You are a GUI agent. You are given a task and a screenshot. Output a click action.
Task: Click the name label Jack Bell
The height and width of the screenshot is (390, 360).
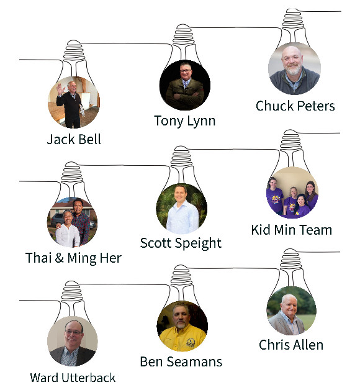tap(74, 139)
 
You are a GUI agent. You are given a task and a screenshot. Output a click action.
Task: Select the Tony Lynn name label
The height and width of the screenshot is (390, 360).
tap(185, 121)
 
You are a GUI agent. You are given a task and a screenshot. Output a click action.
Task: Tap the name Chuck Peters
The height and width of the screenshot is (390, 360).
tap(295, 106)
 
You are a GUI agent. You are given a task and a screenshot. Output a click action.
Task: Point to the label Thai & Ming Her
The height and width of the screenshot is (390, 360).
tap(74, 258)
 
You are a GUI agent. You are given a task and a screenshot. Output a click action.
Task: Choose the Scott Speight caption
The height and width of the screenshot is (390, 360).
tap(181, 243)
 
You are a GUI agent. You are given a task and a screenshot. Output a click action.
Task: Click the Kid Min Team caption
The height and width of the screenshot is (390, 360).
tap(292, 230)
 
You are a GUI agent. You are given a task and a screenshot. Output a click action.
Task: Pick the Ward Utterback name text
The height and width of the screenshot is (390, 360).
tap(73, 378)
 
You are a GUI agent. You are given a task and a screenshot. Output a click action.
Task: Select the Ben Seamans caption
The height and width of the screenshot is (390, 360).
tap(181, 361)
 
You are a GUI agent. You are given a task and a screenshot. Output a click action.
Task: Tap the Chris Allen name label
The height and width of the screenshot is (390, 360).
tap(291, 345)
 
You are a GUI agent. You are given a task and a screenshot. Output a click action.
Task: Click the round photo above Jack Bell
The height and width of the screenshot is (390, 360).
tap(74, 102)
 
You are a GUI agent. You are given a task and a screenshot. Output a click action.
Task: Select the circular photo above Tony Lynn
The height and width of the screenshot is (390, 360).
tap(185, 85)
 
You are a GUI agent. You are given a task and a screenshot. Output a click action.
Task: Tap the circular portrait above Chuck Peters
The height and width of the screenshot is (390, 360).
tap(294, 69)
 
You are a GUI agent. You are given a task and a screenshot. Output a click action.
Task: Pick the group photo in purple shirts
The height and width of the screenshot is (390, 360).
tap(292, 193)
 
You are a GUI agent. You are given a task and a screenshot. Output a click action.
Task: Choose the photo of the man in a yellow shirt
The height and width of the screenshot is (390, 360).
tap(182, 326)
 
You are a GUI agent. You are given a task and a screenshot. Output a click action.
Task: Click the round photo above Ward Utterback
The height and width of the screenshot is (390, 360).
tap(73, 341)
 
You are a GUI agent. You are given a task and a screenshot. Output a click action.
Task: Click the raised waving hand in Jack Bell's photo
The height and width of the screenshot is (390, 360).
tap(60, 89)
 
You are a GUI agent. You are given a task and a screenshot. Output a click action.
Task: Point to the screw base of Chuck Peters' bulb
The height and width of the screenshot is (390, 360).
tap(294, 18)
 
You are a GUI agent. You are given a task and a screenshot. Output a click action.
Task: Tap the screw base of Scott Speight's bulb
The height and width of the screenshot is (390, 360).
tap(181, 156)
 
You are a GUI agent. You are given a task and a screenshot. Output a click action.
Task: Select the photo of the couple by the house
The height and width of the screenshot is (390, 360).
tap(72, 222)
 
